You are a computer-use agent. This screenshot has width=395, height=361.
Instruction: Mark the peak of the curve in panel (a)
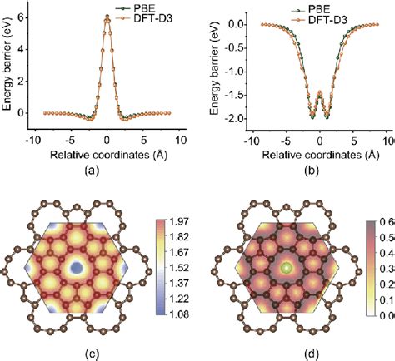pos(107,15)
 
